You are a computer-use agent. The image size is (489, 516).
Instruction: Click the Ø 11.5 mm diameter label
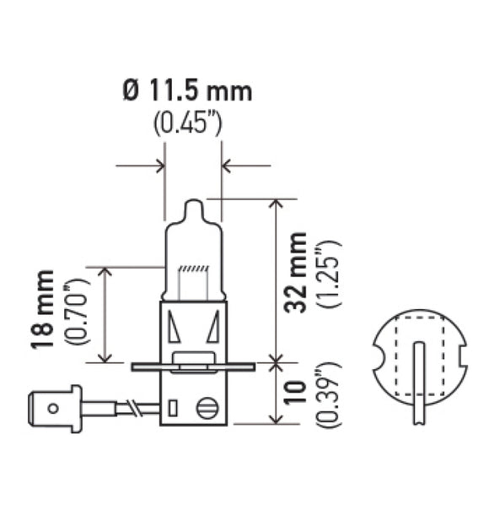click(x=188, y=91)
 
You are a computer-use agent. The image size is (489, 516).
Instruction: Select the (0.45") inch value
click(x=187, y=124)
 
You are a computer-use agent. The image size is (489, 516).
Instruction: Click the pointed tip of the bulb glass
click(x=193, y=205)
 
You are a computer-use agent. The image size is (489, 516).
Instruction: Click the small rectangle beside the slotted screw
click(x=172, y=410)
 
